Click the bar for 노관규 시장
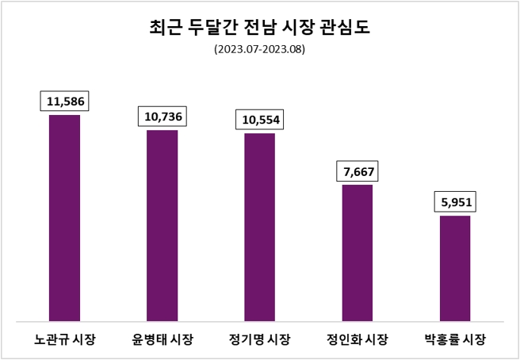(65, 218)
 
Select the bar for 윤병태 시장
(162, 226)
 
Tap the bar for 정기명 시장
(260, 228)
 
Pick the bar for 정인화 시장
(357, 253)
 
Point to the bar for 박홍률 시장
(455, 269)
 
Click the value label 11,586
(65, 101)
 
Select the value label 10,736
(163, 117)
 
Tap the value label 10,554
(260, 120)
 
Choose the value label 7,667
(357, 171)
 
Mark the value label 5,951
(455, 202)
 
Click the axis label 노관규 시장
(65, 340)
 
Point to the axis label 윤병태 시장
(162, 340)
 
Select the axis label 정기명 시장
(260, 340)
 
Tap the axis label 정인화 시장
(357, 340)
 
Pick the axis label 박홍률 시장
(455, 340)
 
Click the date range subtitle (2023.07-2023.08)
(259, 49)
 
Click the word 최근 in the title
(165, 28)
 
